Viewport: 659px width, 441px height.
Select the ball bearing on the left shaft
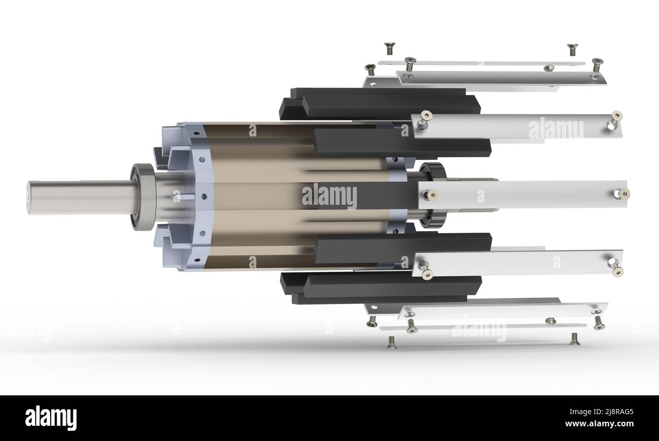point(143,197)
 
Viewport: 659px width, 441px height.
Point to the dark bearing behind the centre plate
point(433,195)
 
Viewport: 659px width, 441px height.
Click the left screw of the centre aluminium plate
point(431,194)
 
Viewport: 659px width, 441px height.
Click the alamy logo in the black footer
point(51,418)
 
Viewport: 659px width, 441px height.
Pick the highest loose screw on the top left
point(389,48)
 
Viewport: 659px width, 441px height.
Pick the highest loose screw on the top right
point(572,49)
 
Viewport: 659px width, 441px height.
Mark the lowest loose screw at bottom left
point(391,343)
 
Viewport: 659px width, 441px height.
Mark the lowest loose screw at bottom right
point(574,339)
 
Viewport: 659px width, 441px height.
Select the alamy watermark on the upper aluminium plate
point(556,129)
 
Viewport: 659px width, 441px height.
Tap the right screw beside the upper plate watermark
point(616,117)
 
